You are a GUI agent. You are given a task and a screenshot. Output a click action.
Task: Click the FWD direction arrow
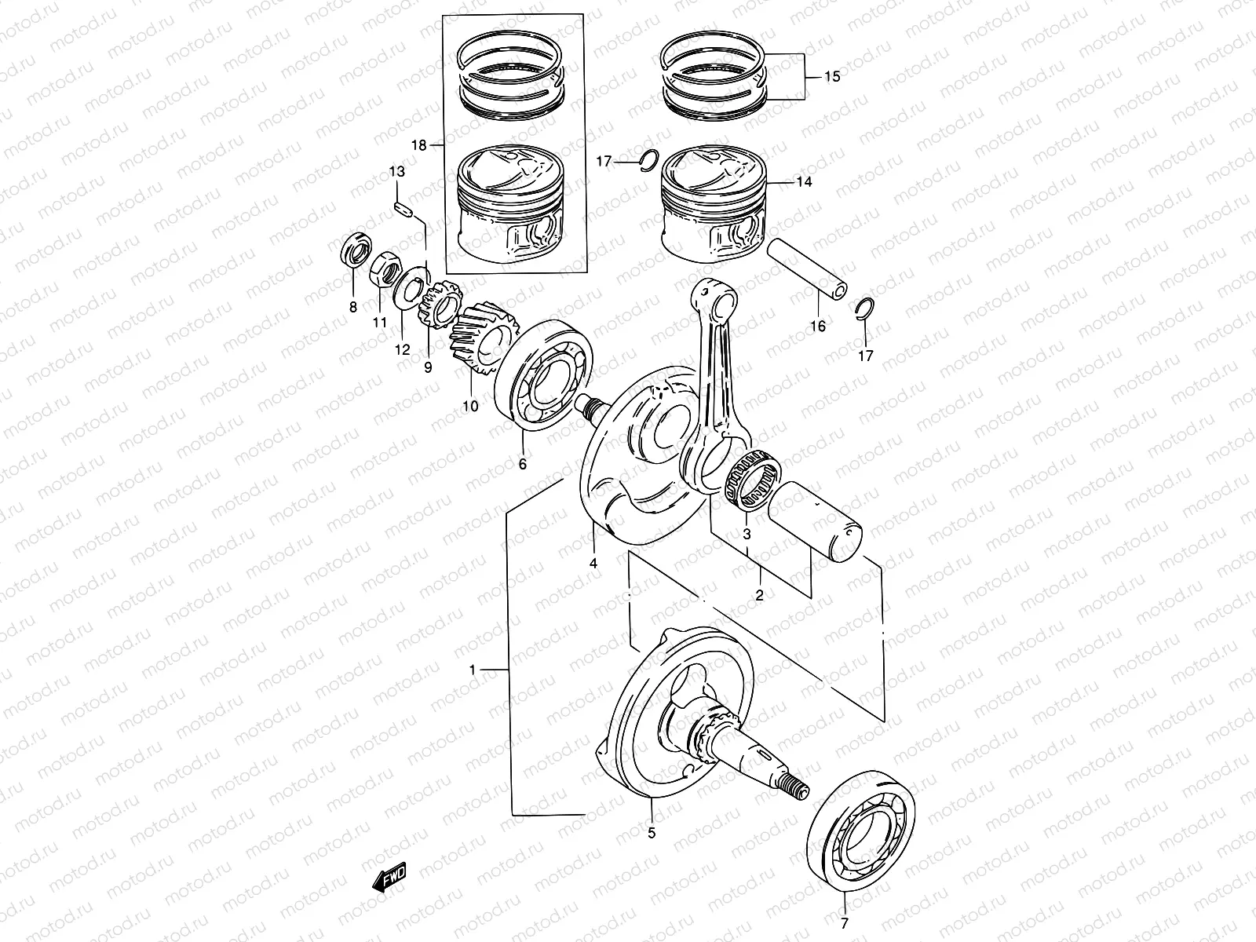pyautogui.click(x=388, y=876)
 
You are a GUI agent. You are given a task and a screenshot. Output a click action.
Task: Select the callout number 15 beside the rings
pyautogui.click(x=832, y=77)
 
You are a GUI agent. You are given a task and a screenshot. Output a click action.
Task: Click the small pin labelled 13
pyautogui.click(x=402, y=208)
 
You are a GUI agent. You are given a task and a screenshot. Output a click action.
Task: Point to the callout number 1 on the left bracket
pyautogui.click(x=473, y=670)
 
